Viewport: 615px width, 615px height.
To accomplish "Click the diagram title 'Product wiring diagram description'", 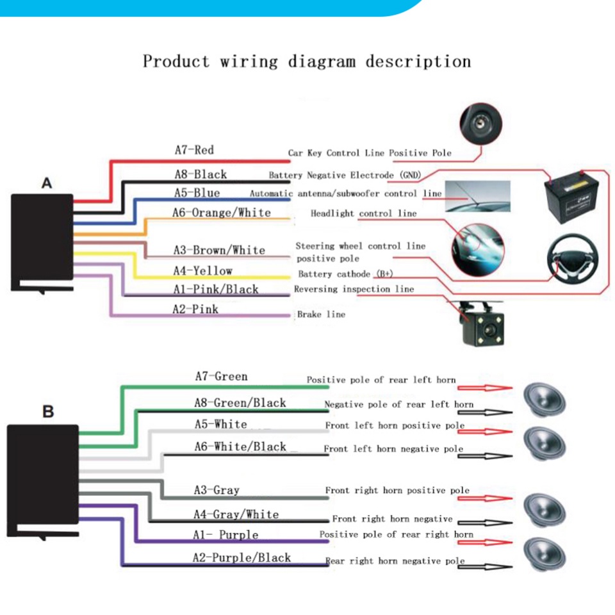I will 306,62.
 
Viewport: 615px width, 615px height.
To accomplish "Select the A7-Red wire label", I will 194,150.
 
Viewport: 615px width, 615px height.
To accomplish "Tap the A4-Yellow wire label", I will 202,271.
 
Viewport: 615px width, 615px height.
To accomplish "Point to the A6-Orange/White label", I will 221,213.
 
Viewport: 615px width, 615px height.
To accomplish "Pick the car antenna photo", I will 478,196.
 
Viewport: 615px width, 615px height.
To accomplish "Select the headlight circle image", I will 477,243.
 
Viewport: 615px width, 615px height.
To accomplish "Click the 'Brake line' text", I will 321,315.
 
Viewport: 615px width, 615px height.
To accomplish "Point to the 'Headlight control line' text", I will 363,213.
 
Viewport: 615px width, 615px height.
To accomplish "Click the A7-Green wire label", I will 221,376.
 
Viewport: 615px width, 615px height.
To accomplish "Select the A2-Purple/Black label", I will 242,557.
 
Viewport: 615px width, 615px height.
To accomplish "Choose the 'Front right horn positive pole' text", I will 397,491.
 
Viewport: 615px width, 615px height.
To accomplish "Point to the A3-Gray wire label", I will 217,490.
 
